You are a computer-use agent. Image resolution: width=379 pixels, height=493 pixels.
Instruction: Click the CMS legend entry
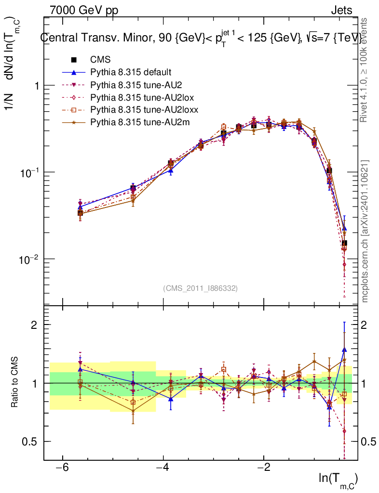[x=100, y=60]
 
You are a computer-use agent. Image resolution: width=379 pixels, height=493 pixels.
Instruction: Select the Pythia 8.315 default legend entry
[x=130, y=72]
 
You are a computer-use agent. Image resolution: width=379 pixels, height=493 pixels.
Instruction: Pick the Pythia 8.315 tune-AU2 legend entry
[x=133, y=85]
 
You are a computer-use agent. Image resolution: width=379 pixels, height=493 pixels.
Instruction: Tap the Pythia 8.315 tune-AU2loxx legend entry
[x=138, y=110]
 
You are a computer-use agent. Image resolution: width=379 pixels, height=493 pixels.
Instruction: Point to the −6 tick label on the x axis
[x=61, y=468]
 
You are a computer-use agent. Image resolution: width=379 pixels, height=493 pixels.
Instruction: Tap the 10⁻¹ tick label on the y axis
[x=29, y=172]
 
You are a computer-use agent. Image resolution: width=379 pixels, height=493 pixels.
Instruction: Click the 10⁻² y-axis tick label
[x=29, y=259]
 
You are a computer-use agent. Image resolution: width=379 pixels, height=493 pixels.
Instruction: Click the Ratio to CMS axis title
[x=15, y=383]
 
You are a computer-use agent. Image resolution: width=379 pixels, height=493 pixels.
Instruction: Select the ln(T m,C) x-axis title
[x=338, y=479]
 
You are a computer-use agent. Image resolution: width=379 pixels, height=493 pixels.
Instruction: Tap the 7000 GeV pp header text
[x=83, y=10]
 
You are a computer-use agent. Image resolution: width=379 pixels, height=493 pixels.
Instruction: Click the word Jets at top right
[x=341, y=10]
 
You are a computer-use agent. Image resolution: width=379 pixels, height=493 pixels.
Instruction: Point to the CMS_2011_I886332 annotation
[x=200, y=288]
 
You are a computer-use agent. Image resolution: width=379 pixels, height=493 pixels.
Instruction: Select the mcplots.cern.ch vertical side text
[x=365, y=231]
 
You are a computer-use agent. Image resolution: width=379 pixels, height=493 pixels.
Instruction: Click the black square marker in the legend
[x=74, y=60]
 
